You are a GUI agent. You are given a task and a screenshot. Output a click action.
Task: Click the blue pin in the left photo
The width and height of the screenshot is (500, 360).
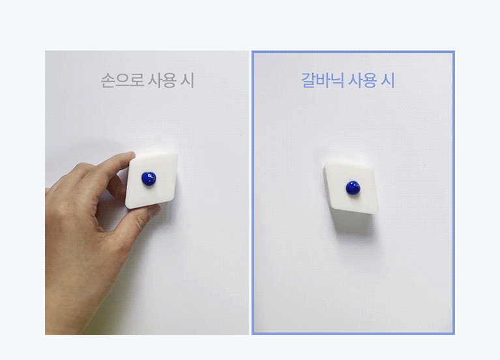[x=149, y=179]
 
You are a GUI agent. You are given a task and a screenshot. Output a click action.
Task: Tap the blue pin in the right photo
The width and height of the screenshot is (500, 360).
[x=353, y=188]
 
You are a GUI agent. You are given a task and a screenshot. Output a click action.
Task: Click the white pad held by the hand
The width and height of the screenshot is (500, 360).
[x=151, y=181]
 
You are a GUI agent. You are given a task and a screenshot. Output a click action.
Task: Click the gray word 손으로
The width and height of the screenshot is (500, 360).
[x=122, y=80]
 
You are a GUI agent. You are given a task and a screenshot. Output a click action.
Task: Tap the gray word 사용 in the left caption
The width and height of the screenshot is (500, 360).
[x=162, y=80]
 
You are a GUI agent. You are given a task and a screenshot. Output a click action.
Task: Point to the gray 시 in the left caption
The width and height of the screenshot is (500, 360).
[x=188, y=80]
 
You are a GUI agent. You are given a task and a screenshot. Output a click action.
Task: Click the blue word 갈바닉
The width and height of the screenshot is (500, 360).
[x=323, y=80]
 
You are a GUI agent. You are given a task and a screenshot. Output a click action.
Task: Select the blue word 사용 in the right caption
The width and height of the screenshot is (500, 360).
[x=362, y=80]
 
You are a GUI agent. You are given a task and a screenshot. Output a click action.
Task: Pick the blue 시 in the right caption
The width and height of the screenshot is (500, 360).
[x=388, y=80]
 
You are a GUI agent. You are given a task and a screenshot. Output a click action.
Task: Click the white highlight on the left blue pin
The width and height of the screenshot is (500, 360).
[x=150, y=175]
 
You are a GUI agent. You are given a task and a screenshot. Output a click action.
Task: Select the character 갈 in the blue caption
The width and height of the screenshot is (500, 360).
[x=308, y=80]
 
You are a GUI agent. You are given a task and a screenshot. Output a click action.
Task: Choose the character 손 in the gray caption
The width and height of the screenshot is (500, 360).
[x=108, y=80]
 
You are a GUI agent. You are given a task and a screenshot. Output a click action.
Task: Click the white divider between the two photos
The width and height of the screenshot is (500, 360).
[x=250, y=192]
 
